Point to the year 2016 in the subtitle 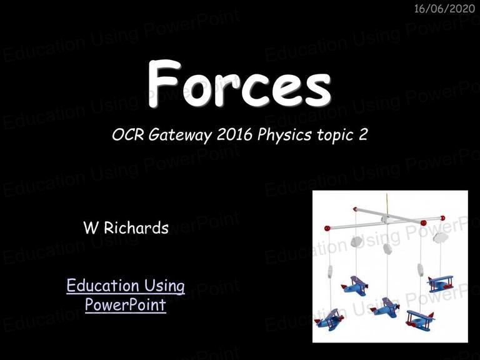click(x=234, y=134)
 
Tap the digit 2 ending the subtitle click(x=362, y=134)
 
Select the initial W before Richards click(x=91, y=227)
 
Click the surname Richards click(x=136, y=227)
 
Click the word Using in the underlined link click(x=165, y=286)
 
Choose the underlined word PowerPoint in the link click(x=126, y=304)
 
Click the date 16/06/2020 click(x=444, y=9)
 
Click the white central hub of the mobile click(x=386, y=219)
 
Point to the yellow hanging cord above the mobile click(x=387, y=204)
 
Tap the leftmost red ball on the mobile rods click(x=327, y=228)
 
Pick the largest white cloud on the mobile click(x=441, y=237)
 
